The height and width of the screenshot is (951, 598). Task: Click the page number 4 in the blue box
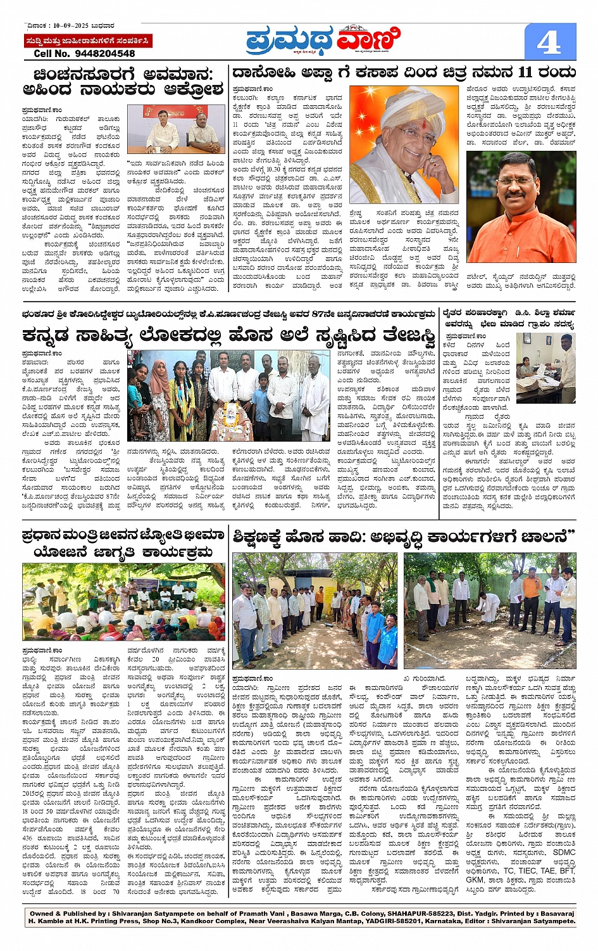click(549, 42)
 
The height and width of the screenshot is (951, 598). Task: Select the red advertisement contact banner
click(87, 41)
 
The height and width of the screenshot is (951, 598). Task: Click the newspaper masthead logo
click(323, 41)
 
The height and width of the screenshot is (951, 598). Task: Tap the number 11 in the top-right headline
click(525, 72)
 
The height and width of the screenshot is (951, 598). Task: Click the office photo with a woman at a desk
click(545, 367)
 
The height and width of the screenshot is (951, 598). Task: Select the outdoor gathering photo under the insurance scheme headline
click(123, 602)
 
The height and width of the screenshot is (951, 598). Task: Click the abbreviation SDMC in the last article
click(564, 852)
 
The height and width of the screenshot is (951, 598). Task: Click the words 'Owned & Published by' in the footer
click(67, 914)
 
